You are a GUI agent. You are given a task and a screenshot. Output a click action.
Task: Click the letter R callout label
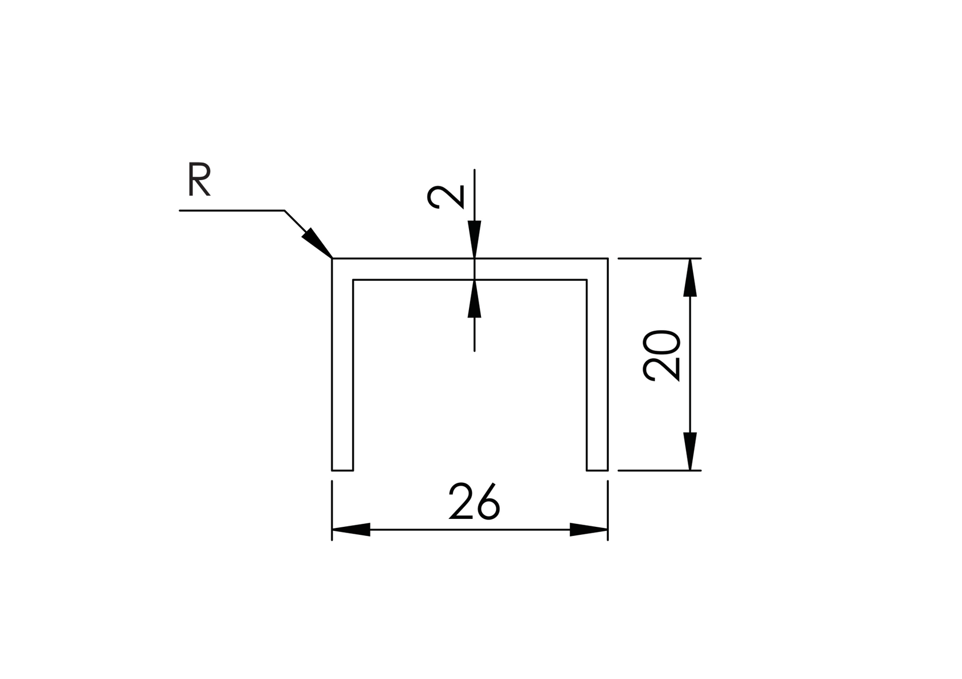[199, 180]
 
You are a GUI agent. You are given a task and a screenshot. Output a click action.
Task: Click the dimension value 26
[475, 502]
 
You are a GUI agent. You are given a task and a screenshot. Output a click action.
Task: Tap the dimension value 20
[662, 356]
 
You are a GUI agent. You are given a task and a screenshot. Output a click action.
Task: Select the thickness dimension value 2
[445, 197]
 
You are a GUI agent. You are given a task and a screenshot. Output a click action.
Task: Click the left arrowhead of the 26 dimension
[351, 530]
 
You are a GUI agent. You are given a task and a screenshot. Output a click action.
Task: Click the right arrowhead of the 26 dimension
[589, 530]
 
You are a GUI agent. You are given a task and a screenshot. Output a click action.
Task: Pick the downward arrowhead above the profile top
[474, 239]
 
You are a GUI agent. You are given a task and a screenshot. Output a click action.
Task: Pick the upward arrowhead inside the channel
[474, 299]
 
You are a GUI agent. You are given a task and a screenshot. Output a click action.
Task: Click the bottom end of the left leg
[342, 470]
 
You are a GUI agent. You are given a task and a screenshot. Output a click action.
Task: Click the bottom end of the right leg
[597, 470]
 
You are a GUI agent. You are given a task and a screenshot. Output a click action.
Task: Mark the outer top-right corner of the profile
[608, 259]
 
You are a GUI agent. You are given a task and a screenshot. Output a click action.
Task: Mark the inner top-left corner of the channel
[353, 280]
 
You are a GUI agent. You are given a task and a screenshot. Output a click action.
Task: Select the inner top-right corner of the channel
[587, 280]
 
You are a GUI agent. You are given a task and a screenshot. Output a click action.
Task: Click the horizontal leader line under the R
[232, 211]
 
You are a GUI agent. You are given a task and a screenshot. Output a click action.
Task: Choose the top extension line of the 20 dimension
[659, 259]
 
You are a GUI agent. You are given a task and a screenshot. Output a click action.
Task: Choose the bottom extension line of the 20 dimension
[659, 470]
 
